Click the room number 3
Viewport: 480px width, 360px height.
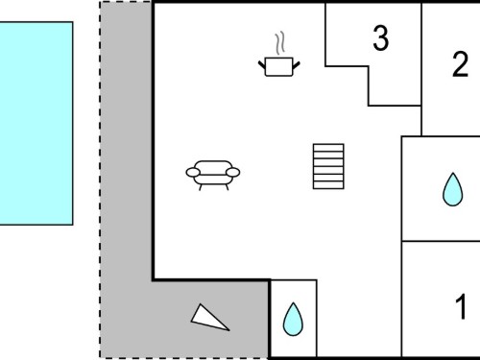pyautogui.click(x=381, y=38)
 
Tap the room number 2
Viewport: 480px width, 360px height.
pyautogui.click(x=460, y=64)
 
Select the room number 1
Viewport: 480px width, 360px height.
pyautogui.click(x=461, y=306)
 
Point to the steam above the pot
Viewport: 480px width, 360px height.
pyautogui.click(x=279, y=43)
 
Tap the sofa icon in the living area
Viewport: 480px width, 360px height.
pyautogui.click(x=213, y=176)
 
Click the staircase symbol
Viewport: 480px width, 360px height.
pyautogui.click(x=328, y=166)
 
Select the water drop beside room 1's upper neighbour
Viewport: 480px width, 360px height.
pyautogui.click(x=452, y=189)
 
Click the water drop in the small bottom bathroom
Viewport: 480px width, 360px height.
pyautogui.click(x=293, y=319)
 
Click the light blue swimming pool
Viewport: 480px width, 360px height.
pyautogui.click(x=36, y=123)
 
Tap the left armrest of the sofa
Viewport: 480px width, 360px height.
pyautogui.click(x=193, y=172)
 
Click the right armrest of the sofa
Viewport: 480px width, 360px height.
pyautogui.click(x=232, y=172)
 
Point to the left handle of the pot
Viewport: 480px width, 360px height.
pyautogui.click(x=262, y=65)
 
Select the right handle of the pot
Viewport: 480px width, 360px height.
pyautogui.click(x=297, y=65)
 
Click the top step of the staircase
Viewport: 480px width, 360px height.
pyautogui.click(x=328, y=147)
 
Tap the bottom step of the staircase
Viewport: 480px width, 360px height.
pyautogui.click(x=328, y=185)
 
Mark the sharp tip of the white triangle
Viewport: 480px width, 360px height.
pyautogui.click(x=229, y=330)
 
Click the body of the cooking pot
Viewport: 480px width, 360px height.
pyautogui.click(x=279, y=67)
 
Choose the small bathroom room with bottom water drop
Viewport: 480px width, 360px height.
pyautogui.click(x=294, y=319)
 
